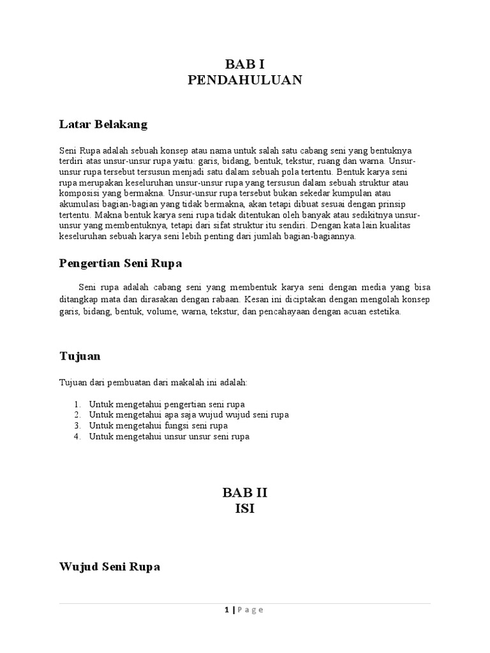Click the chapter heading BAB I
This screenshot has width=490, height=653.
tap(244, 64)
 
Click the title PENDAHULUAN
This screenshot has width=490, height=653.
tap(244, 80)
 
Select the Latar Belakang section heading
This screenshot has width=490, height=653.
tap(103, 124)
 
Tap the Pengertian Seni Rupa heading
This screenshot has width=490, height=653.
tap(121, 263)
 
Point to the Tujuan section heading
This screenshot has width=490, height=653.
tap(80, 356)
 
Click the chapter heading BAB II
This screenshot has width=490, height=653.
tap(244, 492)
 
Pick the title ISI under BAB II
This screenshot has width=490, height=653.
tap(244, 509)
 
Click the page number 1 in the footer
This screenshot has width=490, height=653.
tap(226, 610)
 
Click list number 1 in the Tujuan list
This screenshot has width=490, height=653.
tap(77, 404)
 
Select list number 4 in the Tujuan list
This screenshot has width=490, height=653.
tap(77, 437)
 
